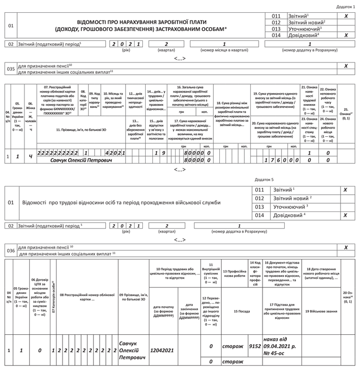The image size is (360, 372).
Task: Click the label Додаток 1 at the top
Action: click(x=346, y=6)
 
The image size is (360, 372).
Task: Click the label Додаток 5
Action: click(x=264, y=180)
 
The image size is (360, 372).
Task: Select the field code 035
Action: click(x=11, y=69)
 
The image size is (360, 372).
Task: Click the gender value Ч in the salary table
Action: click(x=30, y=157)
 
